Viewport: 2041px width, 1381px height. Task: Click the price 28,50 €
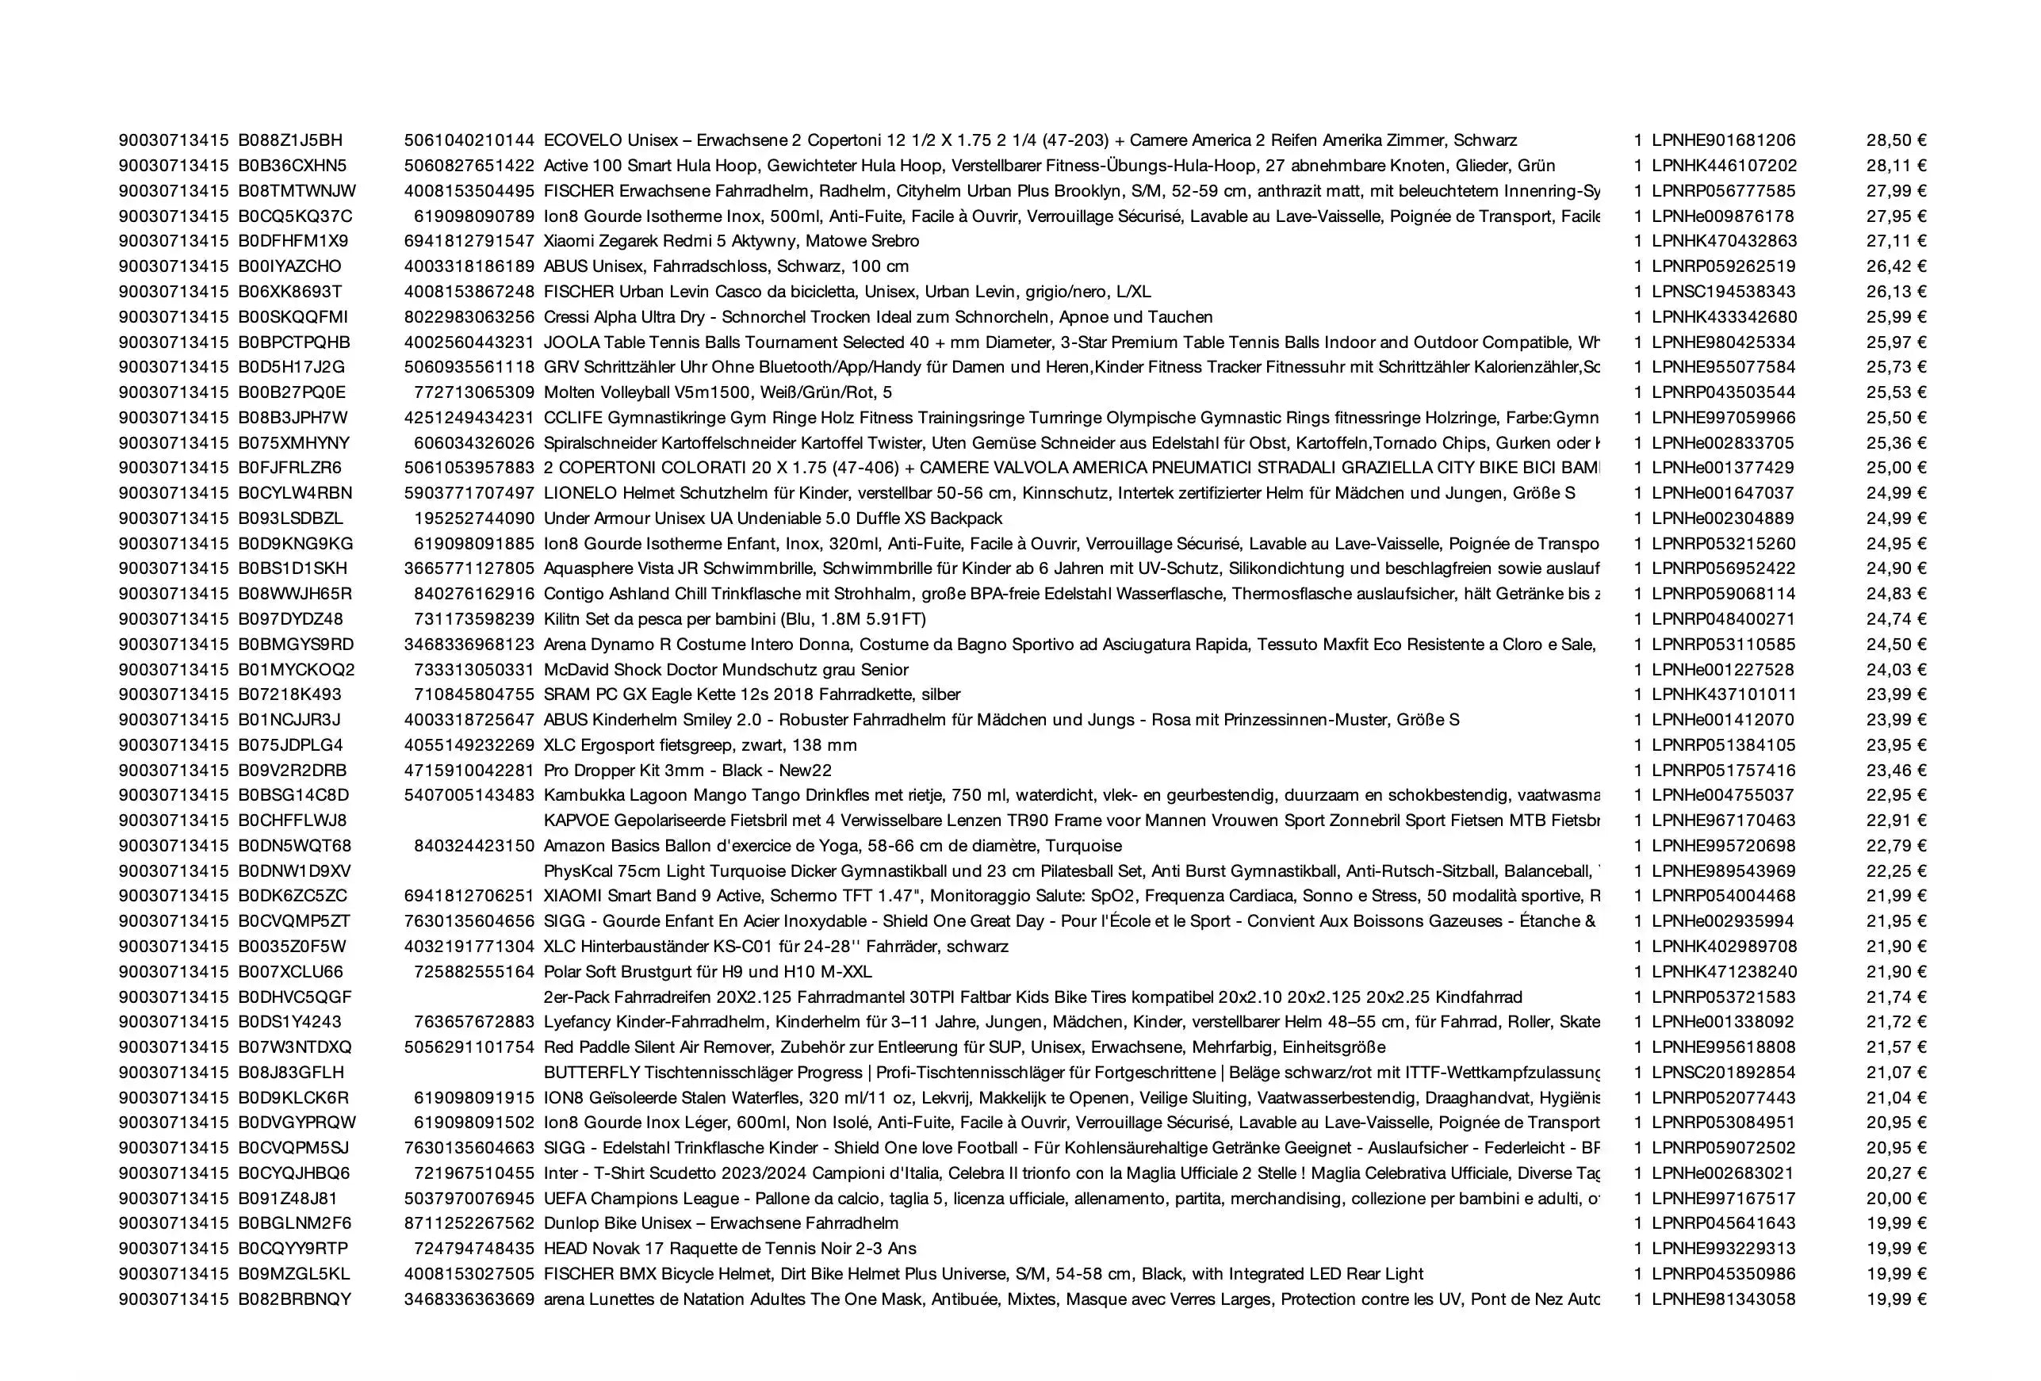click(x=1896, y=140)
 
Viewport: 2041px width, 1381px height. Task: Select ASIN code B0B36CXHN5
click(x=293, y=166)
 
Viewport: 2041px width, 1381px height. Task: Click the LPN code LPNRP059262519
click(x=1723, y=267)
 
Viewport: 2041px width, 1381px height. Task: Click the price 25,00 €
click(x=1896, y=468)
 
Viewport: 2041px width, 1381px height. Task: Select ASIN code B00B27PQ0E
click(x=292, y=392)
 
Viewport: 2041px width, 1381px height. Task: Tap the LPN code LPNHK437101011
click(x=1724, y=694)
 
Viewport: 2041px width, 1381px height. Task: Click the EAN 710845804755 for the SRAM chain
click(x=474, y=694)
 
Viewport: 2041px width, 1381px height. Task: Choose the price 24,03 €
click(x=1896, y=670)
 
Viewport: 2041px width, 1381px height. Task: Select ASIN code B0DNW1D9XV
click(x=294, y=871)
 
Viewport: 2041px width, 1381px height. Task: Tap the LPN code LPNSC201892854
click(x=1723, y=1073)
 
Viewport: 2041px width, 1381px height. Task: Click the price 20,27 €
click(x=1896, y=1174)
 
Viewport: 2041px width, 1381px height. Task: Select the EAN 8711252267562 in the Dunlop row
click(x=469, y=1224)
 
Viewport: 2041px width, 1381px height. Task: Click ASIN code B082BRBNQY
click(x=294, y=1299)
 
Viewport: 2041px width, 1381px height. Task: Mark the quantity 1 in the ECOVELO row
click(x=1638, y=140)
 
